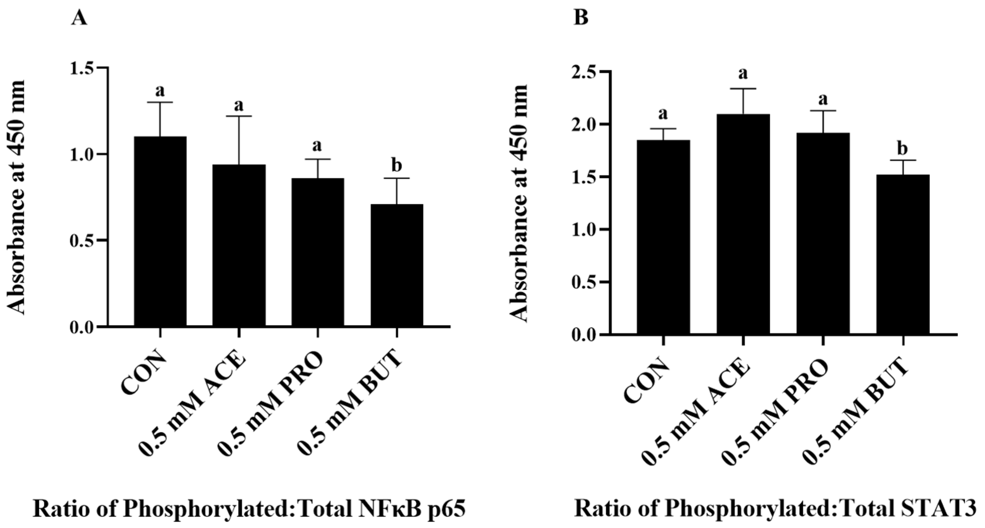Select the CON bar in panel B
click(x=663, y=237)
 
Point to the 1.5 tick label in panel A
click(x=82, y=68)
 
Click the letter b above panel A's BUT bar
click(x=397, y=165)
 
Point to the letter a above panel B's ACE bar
click(x=743, y=73)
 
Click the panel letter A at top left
click(x=79, y=18)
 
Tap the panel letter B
click(x=581, y=18)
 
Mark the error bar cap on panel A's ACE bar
click(x=239, y=116)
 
